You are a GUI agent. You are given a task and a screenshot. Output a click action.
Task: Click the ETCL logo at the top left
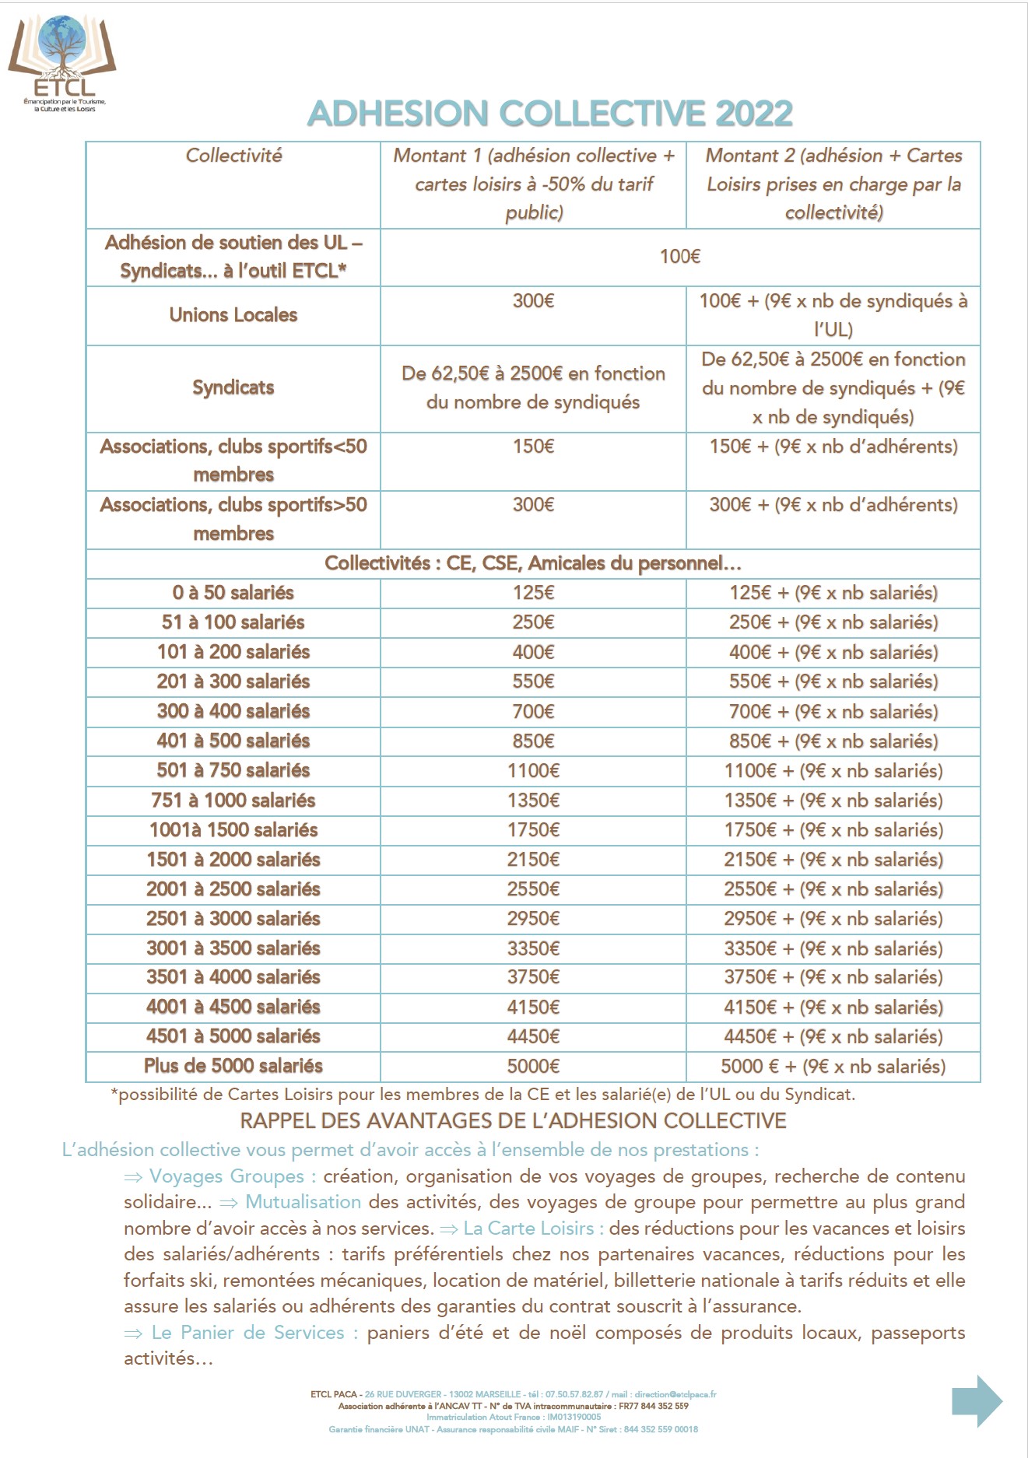point(62,62)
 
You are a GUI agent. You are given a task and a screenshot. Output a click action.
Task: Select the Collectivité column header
point(233,156)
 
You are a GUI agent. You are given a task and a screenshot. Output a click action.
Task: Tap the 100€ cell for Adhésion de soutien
point(680,257)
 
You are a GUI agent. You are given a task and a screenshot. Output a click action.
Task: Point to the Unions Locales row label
point(233,315)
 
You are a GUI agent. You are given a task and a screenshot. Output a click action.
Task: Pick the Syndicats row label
point(233,387)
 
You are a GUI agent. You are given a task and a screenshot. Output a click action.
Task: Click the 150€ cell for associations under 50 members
point(533,447)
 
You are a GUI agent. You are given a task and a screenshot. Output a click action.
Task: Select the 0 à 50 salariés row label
point(233,593)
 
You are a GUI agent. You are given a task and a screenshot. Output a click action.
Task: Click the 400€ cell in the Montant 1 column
point(533,652)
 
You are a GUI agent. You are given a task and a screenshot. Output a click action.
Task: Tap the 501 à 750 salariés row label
point(233,770)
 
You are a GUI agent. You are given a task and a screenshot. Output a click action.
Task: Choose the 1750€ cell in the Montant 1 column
point(533,829)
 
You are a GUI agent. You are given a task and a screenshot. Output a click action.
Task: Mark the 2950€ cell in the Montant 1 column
point(533,918)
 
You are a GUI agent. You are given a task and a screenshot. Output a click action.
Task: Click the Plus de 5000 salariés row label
point(233,1066)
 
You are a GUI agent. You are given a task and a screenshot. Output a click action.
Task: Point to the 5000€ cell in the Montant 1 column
point(533,1066)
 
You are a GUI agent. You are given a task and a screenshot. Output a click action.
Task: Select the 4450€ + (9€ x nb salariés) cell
point(833,1036)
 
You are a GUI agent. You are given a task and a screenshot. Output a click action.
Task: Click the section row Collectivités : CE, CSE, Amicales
point(533,563)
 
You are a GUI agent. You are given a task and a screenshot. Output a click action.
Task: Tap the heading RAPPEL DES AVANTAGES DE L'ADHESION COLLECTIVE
point(513,1120)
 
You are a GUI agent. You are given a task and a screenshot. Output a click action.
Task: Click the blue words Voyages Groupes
point(226,1176)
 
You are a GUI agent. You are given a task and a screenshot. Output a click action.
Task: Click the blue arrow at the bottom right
point(977,1400)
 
